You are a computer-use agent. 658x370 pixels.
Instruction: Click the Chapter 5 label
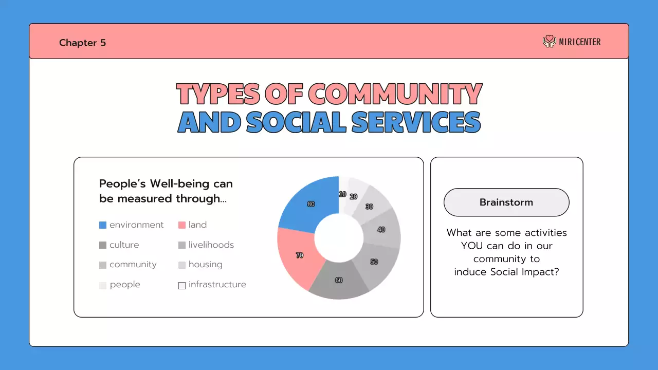pos(82,43)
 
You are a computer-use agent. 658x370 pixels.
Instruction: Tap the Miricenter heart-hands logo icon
pos(550,42)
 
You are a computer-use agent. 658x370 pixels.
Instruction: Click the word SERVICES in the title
pos(416,122)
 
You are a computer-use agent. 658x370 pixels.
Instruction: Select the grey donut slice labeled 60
pos(339,281)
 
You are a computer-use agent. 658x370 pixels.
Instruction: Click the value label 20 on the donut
pos(354,197)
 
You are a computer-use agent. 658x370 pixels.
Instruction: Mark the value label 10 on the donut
pos(342,194)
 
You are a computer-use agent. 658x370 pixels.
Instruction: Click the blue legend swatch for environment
pos(103,225)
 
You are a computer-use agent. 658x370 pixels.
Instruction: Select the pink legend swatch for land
pos(181,225)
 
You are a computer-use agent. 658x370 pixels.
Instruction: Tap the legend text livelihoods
pos(211,245)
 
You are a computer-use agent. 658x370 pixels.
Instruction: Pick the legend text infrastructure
pos(217,285)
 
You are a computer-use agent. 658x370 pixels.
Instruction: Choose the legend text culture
pos(124,245)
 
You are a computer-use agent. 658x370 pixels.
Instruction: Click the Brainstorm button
pos(506,202)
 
